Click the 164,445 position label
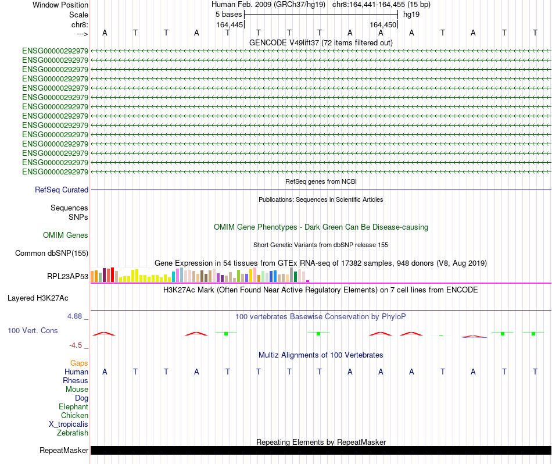tap(229, 24)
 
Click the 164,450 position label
tap(383, 24)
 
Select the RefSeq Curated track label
tap(62, 190)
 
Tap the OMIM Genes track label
tap(66, 235)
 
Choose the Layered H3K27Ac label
tap(38, 298)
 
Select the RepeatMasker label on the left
tap(64, 450)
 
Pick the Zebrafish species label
tap(73, 433)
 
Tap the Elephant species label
tap(73, 406)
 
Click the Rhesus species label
tap(76, 380)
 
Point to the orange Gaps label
tap(79, 363)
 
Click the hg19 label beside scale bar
tap(411, 14)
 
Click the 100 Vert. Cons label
tap(33, 330)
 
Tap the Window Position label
tap(60, 5)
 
